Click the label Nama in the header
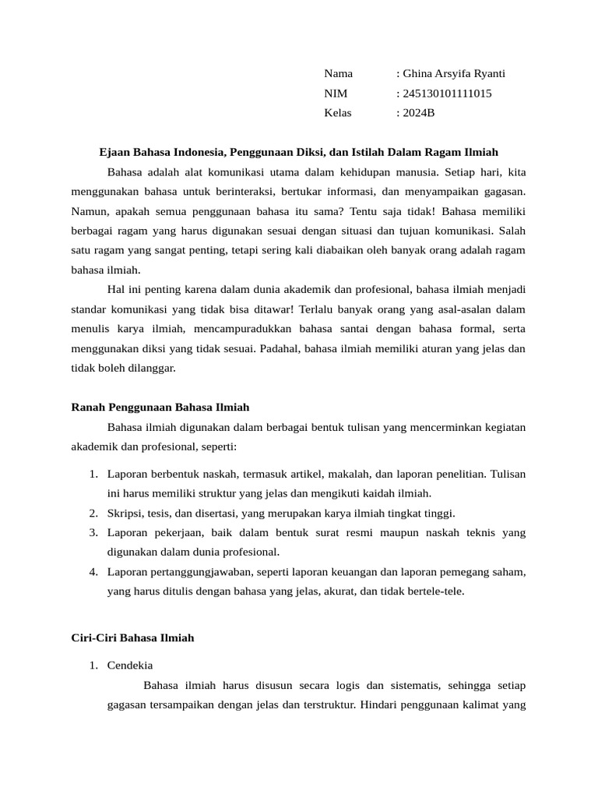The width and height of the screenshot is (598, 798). click(338, 74)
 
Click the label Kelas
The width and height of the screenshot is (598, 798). click(338, 113)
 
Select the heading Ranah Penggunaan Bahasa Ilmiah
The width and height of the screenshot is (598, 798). click(160, 407)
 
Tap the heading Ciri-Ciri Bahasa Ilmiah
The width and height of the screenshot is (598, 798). click(132, 637)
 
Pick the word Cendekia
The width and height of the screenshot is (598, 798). click(130, 666)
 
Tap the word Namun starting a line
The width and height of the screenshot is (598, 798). click(89, 210)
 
